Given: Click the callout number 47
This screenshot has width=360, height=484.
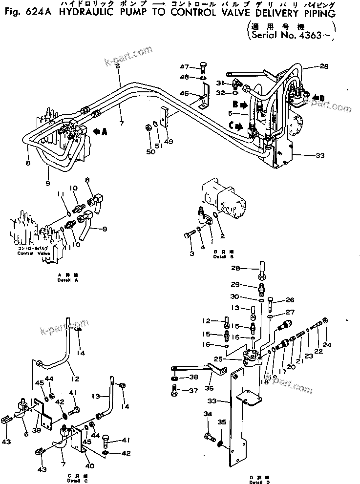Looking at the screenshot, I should (x=184, y=67).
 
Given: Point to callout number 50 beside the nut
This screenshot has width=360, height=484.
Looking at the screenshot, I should (x=151, y=152).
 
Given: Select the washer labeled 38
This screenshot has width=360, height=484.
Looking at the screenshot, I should (x=174, y=378).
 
